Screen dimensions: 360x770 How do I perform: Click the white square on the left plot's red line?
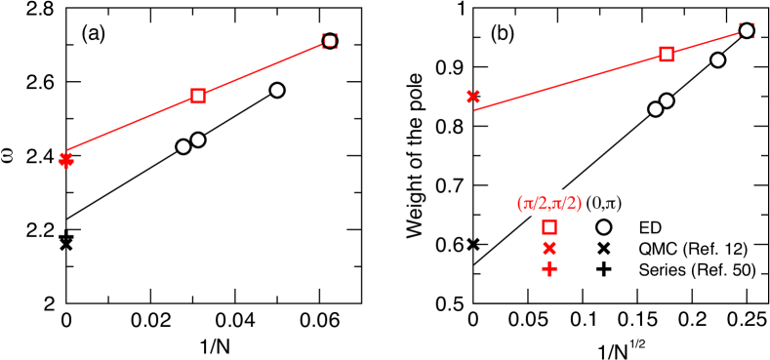point(198,96)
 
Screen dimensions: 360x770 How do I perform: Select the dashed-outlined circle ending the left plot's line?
point(330,41)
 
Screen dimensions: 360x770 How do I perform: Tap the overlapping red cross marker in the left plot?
point(66,160)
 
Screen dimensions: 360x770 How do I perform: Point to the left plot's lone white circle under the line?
point(277,90)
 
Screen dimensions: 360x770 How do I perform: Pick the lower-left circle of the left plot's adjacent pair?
point(183,146)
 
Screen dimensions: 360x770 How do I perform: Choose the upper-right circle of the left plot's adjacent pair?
point(198,140)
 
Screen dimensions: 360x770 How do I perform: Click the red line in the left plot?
point(132,123)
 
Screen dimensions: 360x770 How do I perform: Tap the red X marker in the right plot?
point(472,96)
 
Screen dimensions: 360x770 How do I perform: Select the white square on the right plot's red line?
point(667,54)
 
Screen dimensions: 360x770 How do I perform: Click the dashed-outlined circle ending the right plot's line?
point(747,30)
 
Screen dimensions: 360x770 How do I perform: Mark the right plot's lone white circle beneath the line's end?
point(718,60)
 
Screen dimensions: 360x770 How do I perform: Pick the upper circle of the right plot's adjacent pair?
point(667,100)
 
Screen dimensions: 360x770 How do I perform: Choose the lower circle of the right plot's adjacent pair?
point(656,109)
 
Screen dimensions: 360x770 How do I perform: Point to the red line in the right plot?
point(571,81)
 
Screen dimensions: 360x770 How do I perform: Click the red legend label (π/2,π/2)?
point(548,203)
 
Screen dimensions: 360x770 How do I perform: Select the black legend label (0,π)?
point(603,203)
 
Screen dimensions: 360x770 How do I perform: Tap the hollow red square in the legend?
point(549,226)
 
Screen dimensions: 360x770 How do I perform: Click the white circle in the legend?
point(603,226)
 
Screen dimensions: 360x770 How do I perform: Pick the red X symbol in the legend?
point(549,248)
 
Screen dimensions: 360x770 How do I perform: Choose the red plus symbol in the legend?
point(549,268)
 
